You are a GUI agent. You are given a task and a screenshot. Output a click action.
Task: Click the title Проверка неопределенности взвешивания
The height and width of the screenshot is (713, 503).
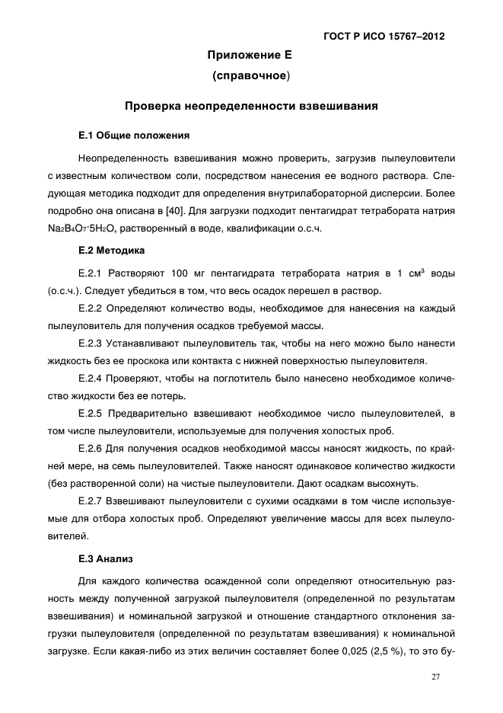pos(251,107)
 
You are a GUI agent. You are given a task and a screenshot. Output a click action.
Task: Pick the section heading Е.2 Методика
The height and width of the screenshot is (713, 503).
pos(112,249)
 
